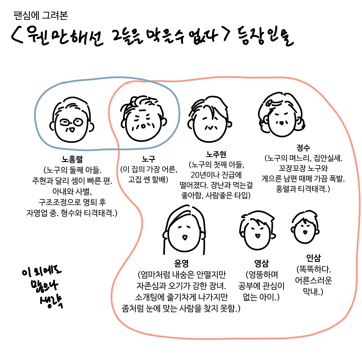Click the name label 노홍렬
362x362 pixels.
[72, 160]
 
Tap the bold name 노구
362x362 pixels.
[148, 159]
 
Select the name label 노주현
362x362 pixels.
[216, 154]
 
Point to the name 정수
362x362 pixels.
[303, 148]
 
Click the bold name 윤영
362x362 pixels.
[181, 264]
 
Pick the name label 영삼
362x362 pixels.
[261, 264]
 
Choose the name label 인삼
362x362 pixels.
[313, 258]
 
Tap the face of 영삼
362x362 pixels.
[257, 233]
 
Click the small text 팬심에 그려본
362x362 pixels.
[41, 16]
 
